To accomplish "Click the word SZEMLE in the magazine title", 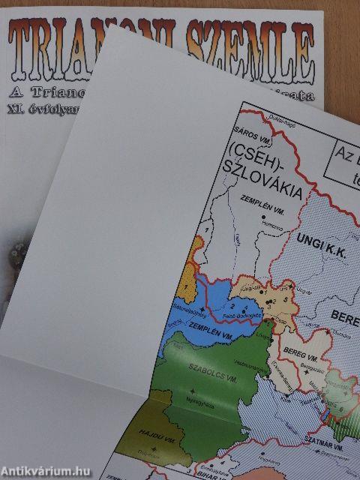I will [247, 45].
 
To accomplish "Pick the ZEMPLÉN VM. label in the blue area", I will [198, 327].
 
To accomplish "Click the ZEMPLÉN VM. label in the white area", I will [259, 199].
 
